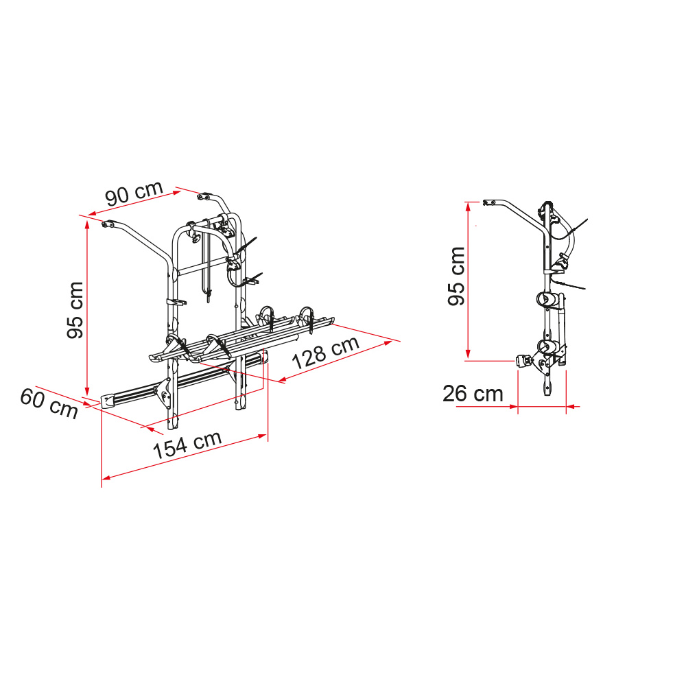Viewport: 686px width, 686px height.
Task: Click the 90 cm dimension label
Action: click(134, 193)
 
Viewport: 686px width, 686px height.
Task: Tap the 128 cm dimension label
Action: click(325, 353)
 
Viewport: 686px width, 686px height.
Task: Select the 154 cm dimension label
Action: click(187, 445)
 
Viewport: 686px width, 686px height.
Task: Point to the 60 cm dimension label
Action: click(49, 403)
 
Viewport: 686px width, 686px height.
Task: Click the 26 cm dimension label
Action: click(473, 394)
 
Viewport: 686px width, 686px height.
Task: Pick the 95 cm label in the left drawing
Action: click(75, 310)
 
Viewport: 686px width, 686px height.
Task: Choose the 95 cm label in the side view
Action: click(456, 276)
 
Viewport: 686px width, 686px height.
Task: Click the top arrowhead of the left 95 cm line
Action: click(87, 224)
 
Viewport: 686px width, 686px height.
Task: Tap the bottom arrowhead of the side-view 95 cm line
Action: click(468, 355)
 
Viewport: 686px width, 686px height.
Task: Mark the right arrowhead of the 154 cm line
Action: click(263, 436)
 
